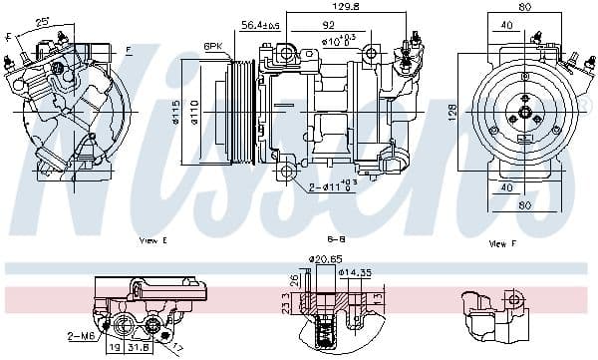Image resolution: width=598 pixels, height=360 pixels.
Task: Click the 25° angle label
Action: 42,21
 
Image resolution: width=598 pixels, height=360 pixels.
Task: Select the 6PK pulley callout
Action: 213,46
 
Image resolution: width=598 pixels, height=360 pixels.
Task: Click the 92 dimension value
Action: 327,24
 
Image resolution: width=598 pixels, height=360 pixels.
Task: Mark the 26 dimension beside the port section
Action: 294,279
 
